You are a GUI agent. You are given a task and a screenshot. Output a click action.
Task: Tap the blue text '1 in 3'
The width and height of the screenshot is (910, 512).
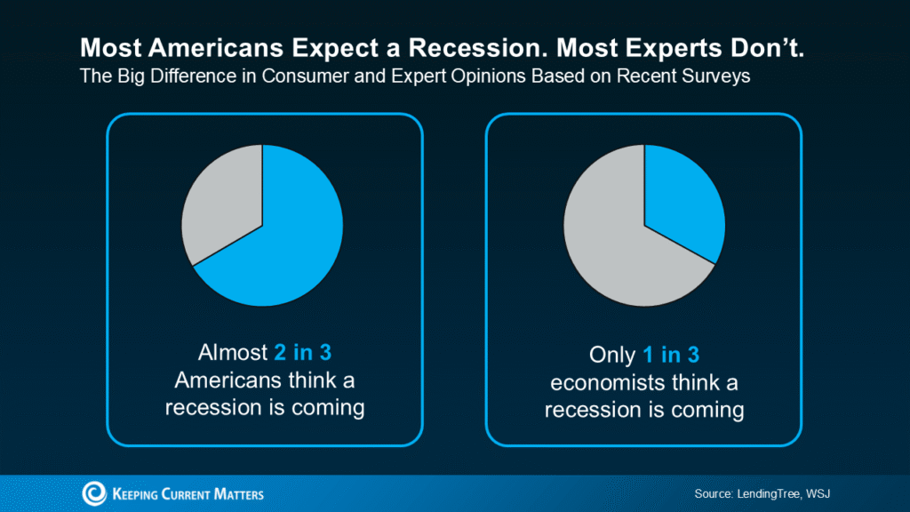pos(671,356)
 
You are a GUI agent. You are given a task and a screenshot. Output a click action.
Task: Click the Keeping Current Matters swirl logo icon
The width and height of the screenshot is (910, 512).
pos(94,493)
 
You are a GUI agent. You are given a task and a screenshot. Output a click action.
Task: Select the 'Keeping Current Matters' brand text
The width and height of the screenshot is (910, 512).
pos(188,494)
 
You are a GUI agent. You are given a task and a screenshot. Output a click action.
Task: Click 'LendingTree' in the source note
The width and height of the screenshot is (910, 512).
pos(765,493)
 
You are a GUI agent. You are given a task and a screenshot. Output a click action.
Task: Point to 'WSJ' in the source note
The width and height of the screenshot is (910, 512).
pos(818,493)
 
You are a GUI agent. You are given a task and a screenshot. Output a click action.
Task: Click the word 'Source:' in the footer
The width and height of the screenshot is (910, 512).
pos(714,493)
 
